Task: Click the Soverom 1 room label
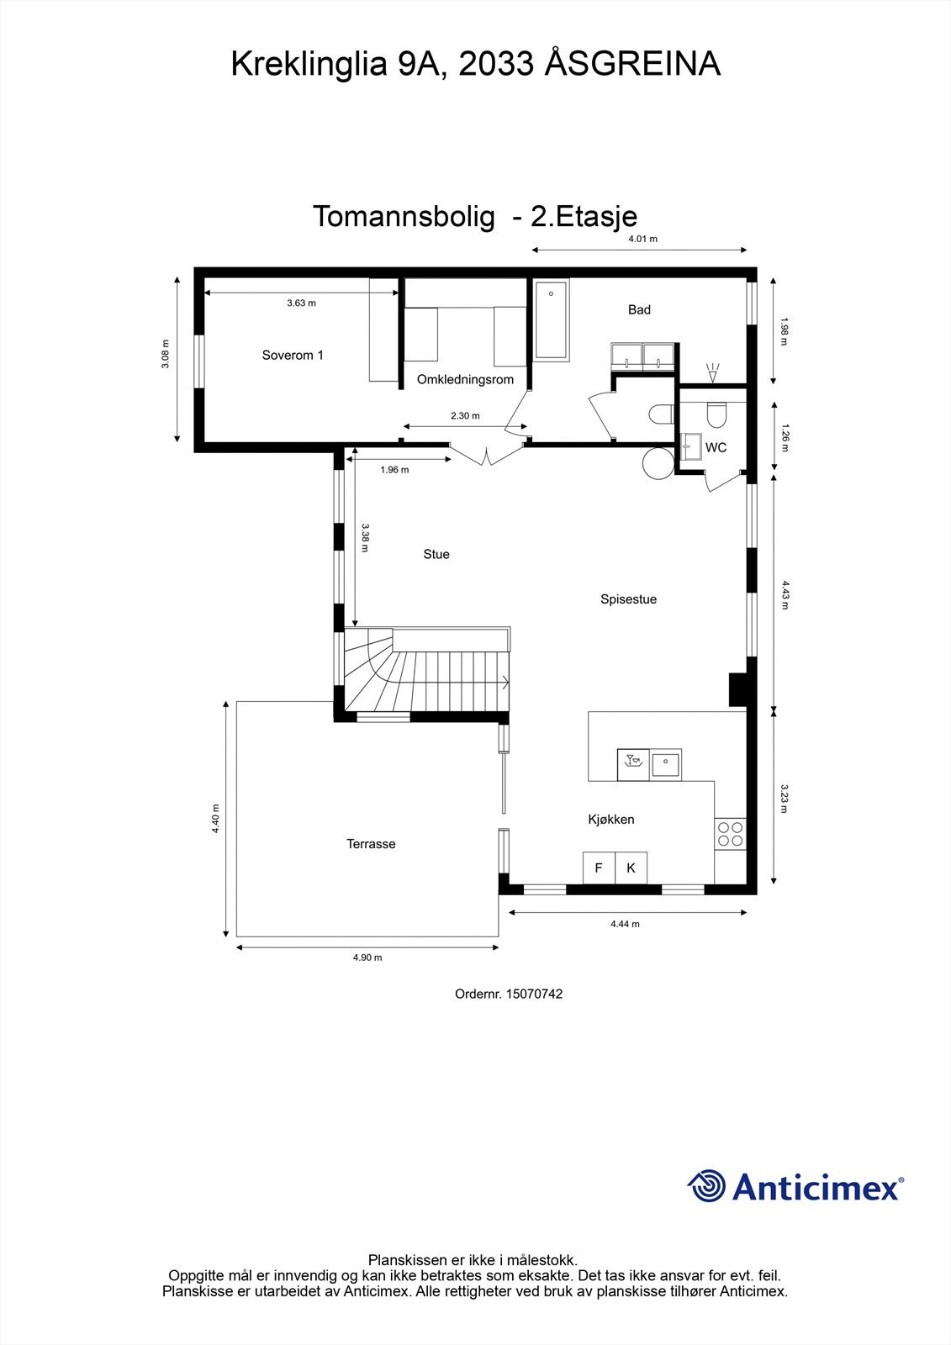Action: coord(293,355)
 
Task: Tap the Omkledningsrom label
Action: coord(465,379)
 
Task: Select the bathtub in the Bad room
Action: coord(551,320)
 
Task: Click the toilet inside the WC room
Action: coord(716,414)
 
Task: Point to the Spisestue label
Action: coord(628,599)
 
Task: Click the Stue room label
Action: coord(436,554)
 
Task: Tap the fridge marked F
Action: coord(599,868)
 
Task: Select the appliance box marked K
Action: coord(631,868)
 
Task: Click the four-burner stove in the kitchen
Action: coord(731,834)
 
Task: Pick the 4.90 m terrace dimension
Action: coord(367,957)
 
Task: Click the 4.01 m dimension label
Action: coord(642,239)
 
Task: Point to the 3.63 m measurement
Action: coord(301,303)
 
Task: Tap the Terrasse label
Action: coord(371,844)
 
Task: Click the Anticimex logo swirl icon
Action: coord(706,1186)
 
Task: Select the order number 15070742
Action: coord(534,994)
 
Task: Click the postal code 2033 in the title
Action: coord(496,64)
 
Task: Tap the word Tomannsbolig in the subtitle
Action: coord(404,216)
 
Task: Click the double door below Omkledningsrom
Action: coord(488,455)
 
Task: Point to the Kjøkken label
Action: coord(611,819)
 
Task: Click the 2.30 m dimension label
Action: coord(465,415)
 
